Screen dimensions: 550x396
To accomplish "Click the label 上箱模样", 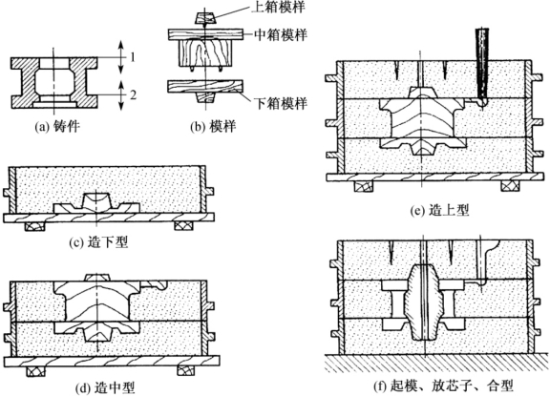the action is tap(279, 7).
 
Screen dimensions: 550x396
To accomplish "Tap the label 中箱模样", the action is tap(281, 34).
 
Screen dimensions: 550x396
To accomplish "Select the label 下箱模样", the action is tap(281, 103).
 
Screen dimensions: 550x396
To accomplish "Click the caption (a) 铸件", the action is tap(57, 127).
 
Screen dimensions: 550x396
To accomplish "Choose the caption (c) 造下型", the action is tap(98, 242).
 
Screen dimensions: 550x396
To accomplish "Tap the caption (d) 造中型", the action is tap(105, 388).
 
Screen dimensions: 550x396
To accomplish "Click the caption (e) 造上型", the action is tap(440, 210).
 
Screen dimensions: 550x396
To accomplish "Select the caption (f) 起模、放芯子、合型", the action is tap(443, 386).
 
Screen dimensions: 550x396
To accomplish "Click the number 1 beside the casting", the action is tap(133, 57).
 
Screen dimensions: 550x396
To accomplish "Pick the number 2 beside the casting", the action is tap(133, 94).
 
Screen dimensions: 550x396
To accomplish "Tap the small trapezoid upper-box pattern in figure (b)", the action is tap(204, 18).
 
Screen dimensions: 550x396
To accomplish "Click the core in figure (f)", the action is tap(424, 302).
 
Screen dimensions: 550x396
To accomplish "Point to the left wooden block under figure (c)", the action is tap(35, 226).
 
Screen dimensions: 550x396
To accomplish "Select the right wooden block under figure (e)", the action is tap(511, 186).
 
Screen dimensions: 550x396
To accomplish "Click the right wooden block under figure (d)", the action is tap(188, 371).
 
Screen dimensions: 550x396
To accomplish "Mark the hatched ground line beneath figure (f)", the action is tap(436, 363).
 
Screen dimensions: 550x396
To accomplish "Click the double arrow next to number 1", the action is tap(120, 57).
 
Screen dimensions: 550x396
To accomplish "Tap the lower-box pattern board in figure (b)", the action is tap(205, 87).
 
